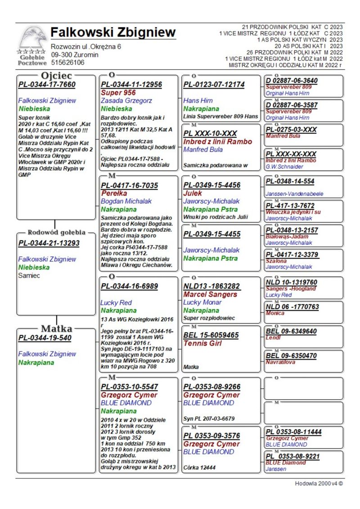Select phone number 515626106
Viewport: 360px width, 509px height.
(67, 63)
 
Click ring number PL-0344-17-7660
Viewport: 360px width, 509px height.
(47, 84)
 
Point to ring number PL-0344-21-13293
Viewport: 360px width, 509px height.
(49, 243)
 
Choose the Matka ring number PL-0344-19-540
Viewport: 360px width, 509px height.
(45, 338)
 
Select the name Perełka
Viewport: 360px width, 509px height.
(113, 193)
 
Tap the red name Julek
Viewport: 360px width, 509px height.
(193, 193)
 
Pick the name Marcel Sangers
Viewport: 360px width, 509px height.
(210, 294)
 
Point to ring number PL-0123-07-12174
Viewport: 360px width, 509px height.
(214, 85)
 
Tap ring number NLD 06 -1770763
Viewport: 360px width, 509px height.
(292, 307)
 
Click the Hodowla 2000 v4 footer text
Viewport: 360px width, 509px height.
(319, 484)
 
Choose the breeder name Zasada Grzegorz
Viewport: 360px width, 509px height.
(126, 101)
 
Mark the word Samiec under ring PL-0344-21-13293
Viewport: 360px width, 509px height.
(29, 275)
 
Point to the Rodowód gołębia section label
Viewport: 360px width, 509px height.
(56, 233)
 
